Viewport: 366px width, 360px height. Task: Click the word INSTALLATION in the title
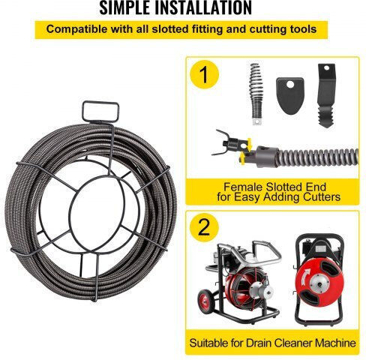[203, 7]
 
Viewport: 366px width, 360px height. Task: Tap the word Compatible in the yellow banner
[76, 29]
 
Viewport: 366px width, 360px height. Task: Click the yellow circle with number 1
[204, 74]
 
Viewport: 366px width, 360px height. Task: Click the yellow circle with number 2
[204, 227]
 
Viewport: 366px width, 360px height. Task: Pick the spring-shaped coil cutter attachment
[256, 94]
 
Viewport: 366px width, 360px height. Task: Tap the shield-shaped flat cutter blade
[290, 96]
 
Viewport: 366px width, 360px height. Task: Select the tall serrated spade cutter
[326, 95]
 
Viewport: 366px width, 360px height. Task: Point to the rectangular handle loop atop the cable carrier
[100, 112]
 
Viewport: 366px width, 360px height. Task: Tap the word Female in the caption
[242, 187]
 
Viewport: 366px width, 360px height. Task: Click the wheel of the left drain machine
[205, 301]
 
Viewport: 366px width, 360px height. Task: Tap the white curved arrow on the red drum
[304, 277]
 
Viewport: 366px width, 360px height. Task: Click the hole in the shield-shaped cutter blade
[290, 85]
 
